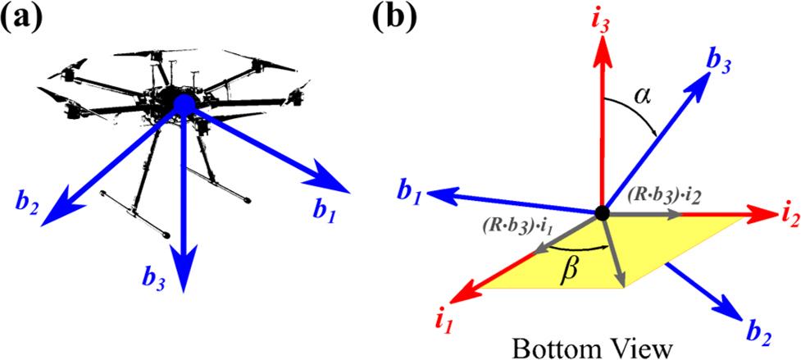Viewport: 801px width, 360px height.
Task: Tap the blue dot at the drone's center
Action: coord(183,103)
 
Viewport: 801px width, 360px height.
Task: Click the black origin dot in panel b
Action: coord(603,213)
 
